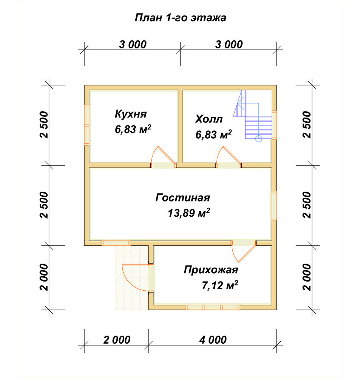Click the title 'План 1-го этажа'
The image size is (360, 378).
click(x=180, y=18)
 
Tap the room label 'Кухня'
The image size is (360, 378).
click(x=131, y=114)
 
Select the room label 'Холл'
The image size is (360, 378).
click(x=209, y=119)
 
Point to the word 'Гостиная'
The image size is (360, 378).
click(x=183, y=198)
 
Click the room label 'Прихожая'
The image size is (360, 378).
click(x=211, y=270)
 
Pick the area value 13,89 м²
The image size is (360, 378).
click(x=188, y=213)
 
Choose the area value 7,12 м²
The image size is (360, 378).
click(x=220, y=285)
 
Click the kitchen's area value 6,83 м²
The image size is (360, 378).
click(x=133, y=129)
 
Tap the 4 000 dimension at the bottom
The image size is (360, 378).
click(x=213, y=340)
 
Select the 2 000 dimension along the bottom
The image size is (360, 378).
click(x=117, y=340)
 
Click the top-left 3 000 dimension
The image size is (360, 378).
click(x=133, y=44)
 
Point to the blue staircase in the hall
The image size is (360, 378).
click(x=253, y=115)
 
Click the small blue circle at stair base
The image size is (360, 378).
click(x=258, y=139)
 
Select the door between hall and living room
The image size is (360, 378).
click(x=229, y=157)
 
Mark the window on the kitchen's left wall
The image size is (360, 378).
click(x=87, y=125)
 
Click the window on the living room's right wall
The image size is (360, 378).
click(x=274, y=205)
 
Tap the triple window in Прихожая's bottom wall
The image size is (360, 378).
click(x=213, y=307)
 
